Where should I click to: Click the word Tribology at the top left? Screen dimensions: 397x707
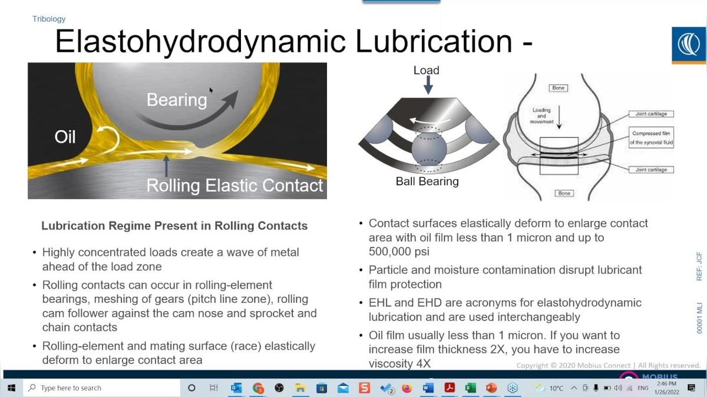click(49, 19)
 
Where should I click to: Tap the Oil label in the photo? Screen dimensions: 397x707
click(65, 137)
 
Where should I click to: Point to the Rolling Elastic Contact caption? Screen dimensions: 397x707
click(234, 186)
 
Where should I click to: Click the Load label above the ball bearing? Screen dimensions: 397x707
click(426, 70)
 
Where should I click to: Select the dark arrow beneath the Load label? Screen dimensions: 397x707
click(428, 86)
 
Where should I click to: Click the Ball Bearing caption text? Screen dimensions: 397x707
click(427, 181)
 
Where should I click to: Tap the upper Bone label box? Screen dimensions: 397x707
click(558, 88)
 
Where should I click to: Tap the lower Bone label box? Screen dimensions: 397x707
click(564, 193)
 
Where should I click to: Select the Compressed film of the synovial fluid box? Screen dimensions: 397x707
click(651, 138)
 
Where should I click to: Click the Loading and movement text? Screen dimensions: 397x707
click(541, 115)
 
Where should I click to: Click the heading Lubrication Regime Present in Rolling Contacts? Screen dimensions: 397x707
click(174, 226)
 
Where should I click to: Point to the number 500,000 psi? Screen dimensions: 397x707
click(395, 252)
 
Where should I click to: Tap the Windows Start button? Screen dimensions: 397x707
click(11, 388)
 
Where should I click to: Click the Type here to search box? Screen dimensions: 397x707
click(71, 388)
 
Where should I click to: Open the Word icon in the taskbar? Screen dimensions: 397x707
click(428, 388)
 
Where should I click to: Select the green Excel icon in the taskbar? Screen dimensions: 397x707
click(470, 388)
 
